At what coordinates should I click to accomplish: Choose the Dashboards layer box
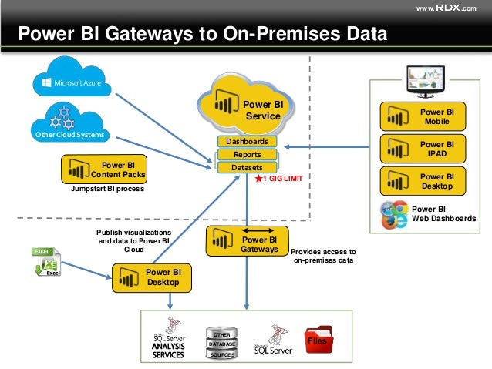coord(246,142)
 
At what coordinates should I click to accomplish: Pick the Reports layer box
coord(246,155)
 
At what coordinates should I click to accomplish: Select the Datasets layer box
coord(246,167)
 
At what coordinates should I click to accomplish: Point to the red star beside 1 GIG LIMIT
coord(259,178)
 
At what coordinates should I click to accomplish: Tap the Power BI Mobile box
coord(421,116)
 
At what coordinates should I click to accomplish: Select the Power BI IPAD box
coord(421,149)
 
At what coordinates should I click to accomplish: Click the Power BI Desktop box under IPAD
coord(421,181)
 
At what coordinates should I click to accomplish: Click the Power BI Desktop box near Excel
coord(152,277)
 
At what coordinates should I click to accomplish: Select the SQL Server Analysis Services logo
coord(169,339)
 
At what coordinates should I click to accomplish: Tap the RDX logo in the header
coord(448,8)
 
